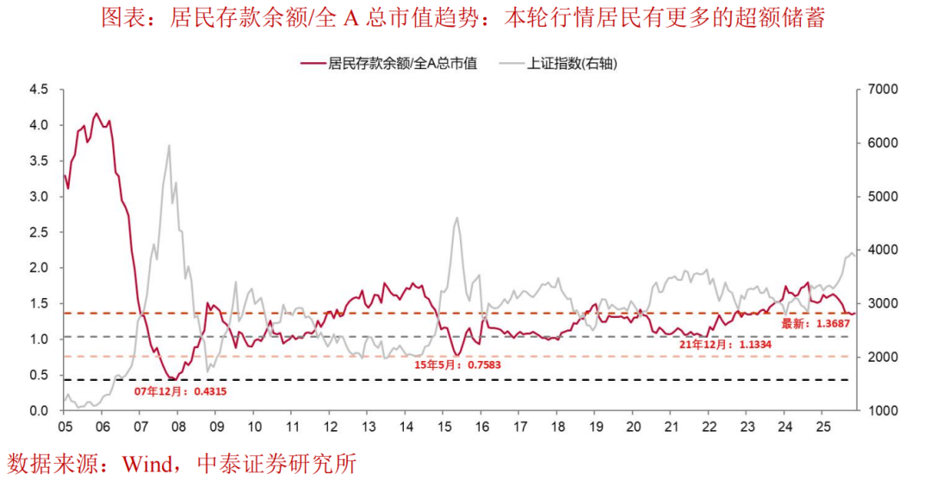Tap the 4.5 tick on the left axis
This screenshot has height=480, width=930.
click(38, 89)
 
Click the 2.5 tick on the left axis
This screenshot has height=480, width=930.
click(38, 232)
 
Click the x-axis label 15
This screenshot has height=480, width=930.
click(443, 427)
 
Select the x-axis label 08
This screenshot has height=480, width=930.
click(178, 427)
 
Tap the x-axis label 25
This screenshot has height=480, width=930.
click(822, 427)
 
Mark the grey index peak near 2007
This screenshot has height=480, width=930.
click(169, 146)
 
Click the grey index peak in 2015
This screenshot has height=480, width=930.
click(456, 217)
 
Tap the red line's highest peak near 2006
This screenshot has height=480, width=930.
click(96, 113)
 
